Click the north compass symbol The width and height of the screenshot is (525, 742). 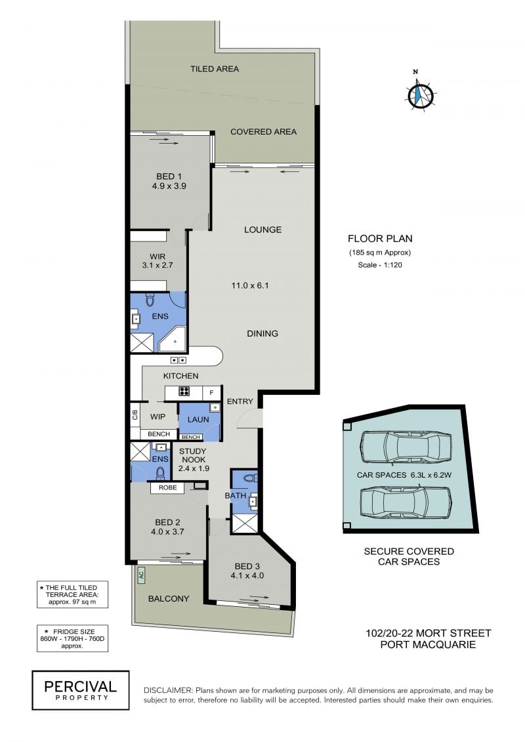420,93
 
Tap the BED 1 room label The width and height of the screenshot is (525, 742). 169,176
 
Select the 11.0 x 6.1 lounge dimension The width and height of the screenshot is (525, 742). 250,285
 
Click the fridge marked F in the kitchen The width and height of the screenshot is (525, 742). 211,393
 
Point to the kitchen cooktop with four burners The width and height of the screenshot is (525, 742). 184,392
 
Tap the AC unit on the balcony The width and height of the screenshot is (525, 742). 141,575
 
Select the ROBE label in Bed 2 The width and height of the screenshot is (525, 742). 167,487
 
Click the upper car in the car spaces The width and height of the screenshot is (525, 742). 405,447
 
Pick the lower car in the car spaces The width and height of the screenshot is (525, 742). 405,503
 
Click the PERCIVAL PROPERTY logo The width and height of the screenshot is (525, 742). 81,690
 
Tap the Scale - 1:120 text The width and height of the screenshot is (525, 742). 380,265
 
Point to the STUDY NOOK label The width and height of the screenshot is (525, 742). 193,455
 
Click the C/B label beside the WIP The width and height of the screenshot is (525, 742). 135,415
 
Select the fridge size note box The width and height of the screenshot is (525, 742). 72,638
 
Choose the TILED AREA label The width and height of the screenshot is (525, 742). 215,69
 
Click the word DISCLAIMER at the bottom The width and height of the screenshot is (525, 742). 168,691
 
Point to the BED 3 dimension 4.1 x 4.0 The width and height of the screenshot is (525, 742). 247,576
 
